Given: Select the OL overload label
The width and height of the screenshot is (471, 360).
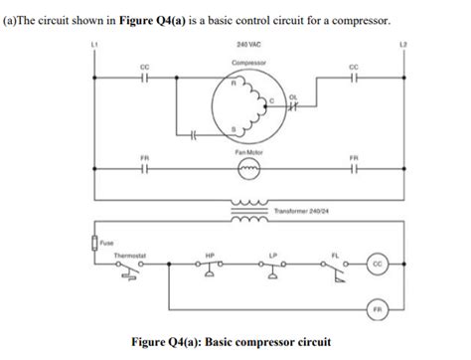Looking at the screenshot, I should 294,96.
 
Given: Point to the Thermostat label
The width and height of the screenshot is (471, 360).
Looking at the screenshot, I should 131,255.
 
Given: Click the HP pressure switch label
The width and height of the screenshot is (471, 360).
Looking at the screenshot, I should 210,255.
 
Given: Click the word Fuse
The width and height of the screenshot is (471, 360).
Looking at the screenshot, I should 105,238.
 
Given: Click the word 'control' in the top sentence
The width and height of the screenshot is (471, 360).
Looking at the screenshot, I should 256,21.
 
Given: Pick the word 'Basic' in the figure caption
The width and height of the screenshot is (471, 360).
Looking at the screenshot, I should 228,343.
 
